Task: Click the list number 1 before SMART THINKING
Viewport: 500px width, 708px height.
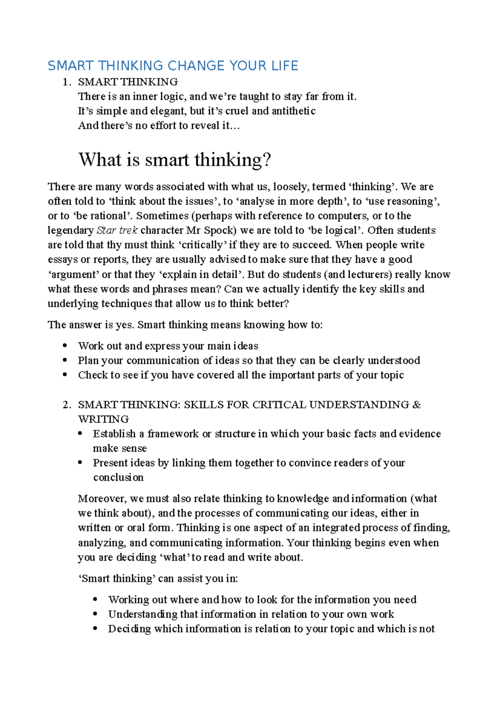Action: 65,82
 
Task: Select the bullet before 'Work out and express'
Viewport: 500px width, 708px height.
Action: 65,346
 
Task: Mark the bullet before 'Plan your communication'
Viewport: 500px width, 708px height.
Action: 65,360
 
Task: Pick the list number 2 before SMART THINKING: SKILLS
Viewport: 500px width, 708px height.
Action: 65,405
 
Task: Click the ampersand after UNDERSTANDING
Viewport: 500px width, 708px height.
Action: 416,405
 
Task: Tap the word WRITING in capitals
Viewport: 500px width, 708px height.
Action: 103,419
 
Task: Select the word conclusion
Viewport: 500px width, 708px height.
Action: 118,478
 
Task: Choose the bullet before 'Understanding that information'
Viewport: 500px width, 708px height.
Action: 95,614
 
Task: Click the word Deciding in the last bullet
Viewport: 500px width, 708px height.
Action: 129,629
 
